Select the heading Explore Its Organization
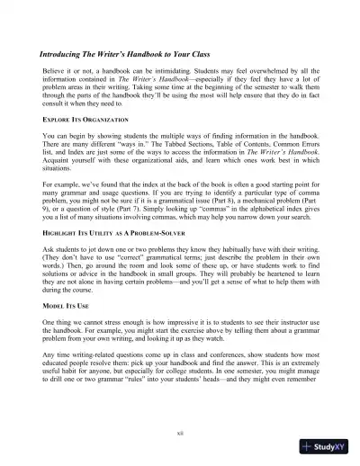tap(88, 119)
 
